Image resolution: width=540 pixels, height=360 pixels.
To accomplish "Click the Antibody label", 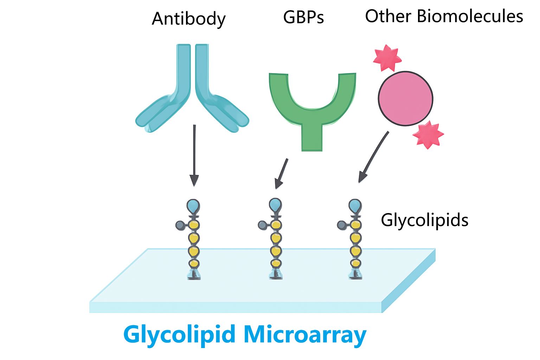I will pos(188,19).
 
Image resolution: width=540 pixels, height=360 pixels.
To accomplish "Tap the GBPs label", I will pos(303,17).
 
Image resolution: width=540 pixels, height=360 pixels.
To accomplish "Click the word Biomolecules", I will pos(470,16).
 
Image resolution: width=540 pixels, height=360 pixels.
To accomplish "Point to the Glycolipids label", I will pos(424,220).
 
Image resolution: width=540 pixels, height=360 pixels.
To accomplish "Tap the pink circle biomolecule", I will pos(405,99).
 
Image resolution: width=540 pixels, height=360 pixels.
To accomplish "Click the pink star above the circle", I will pos(387,58).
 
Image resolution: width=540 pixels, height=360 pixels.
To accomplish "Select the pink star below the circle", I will pos(428,135).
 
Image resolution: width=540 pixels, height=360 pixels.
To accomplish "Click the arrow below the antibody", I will pos(194,155).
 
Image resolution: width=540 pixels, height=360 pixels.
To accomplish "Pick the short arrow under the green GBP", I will pos(282,173).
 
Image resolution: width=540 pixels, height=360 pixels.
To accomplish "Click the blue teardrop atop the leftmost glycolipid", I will pos(193,205).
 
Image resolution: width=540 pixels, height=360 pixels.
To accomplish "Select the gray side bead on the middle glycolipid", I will pos(262,225).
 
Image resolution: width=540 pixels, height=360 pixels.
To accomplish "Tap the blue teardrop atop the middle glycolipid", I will pos(275,205).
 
